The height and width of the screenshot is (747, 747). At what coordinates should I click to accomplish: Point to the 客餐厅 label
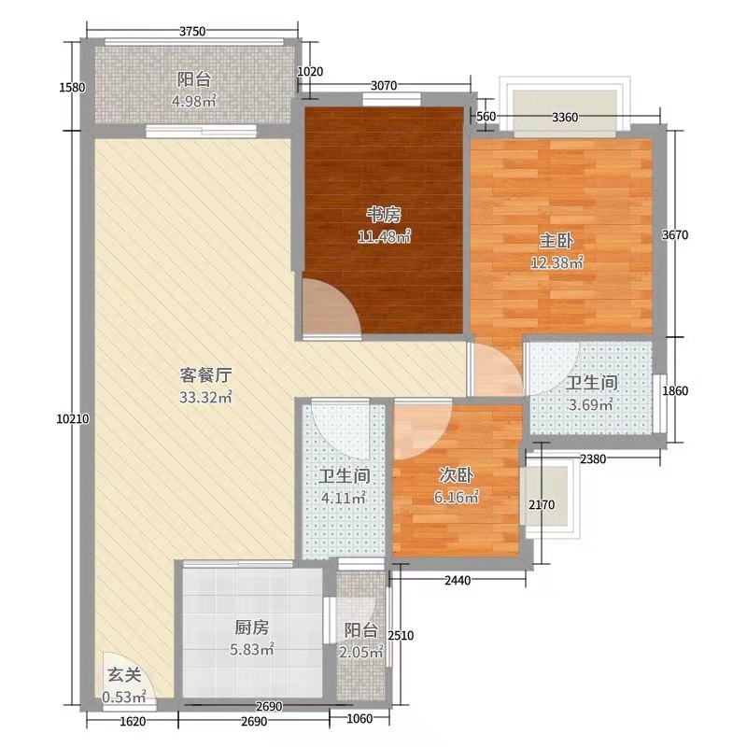205,376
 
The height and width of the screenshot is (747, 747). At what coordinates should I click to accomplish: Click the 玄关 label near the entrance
117,674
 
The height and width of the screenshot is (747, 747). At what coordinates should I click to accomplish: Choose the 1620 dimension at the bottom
134,721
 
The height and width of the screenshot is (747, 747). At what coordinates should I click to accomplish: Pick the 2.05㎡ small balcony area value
362,654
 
